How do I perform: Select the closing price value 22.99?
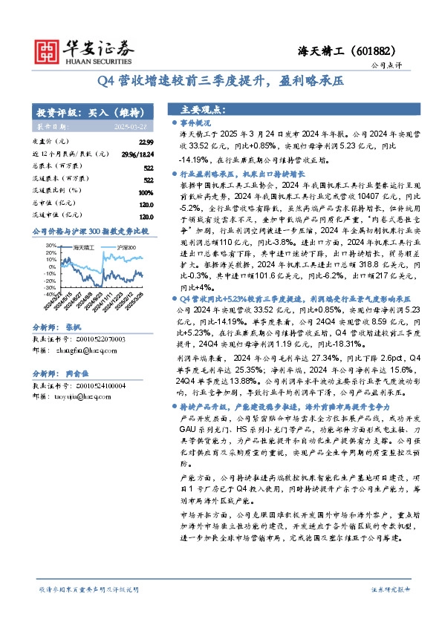[x=146, y=141]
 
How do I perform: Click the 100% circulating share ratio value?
[x=146, y=192]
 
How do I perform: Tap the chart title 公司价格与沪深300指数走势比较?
[x=91, y=232]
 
